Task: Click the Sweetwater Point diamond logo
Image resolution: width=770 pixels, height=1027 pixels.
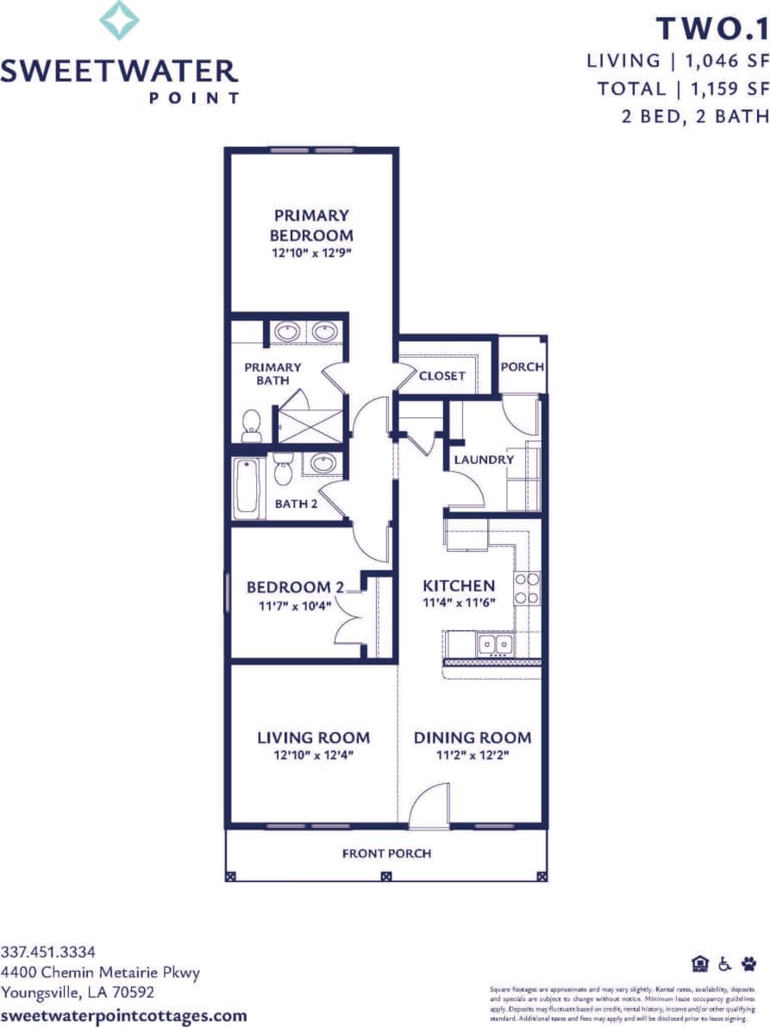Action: click(x=119, y=21)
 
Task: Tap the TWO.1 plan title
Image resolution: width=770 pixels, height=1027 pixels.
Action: click(x=711, y=29)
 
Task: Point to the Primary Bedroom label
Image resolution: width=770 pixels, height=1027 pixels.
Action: click(x=311, y=225)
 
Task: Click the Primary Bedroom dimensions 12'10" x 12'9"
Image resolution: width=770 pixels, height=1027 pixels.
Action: click(x=311, y=253)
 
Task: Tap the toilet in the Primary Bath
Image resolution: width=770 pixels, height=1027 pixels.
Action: click(x=252, y=424)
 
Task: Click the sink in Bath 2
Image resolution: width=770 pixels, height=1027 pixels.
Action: click(x=322, y=463)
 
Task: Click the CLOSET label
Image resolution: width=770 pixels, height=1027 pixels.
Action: click(x=442, y=375)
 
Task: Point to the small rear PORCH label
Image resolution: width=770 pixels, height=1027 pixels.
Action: click(x=523, y=366)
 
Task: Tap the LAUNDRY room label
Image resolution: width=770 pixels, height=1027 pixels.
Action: click(x=484, y=460)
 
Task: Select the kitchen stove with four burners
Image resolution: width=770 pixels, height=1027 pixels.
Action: click(x=527, y=587)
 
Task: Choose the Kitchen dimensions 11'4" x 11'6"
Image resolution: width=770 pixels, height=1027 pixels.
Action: click(x=458, y=603)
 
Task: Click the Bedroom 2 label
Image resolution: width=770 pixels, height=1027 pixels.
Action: click(x=295, y=587)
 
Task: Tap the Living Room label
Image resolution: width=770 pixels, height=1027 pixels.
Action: click(x=313, y=737)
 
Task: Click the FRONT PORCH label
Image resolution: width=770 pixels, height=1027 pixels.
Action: click(x=386, y=854)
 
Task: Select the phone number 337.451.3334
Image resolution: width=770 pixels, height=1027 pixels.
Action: click(x=48, y=952)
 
